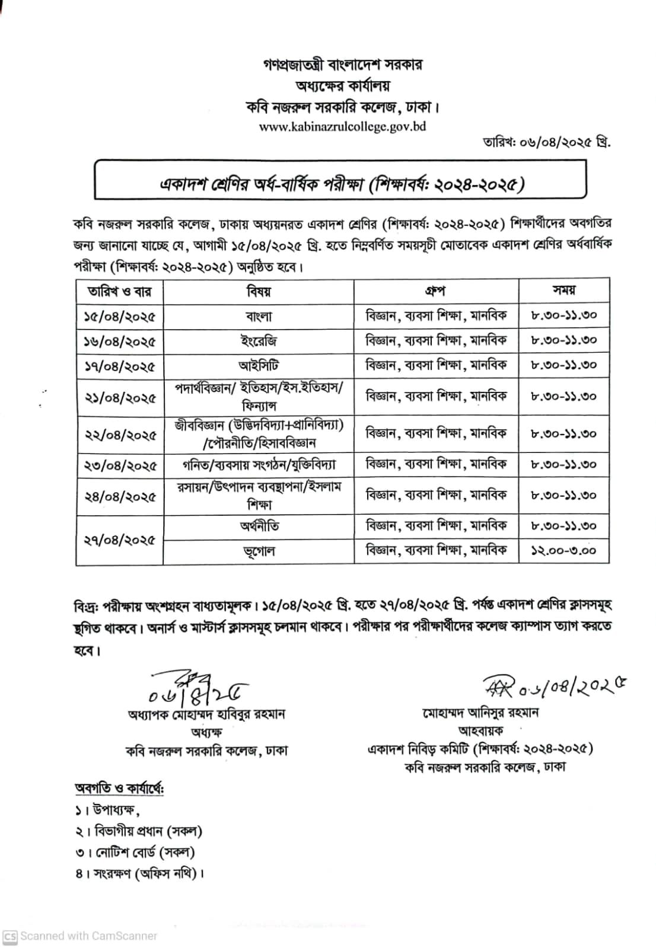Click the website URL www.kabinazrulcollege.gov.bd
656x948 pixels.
point(342,126)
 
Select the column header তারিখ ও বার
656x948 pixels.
point(120,292)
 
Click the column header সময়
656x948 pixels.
point(564,291)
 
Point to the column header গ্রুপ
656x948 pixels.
point(436,291)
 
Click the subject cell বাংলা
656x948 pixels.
point(259,317)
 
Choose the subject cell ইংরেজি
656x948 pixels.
point(259,341)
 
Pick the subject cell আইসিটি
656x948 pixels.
point(259,365)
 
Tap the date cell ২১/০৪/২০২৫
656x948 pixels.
point(120,397)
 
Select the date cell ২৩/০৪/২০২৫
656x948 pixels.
point(120,465)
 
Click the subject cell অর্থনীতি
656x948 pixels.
point(259,526)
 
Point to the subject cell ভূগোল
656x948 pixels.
point(259,551)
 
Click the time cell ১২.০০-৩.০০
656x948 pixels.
point(564,551)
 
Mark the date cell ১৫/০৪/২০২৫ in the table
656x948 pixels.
point(120,317)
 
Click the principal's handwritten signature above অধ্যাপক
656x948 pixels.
point(196,688)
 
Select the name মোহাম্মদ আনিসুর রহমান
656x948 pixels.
point(480,713)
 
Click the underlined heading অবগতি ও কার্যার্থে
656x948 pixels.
point(119,789)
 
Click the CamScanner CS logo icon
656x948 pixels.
point(9,936)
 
